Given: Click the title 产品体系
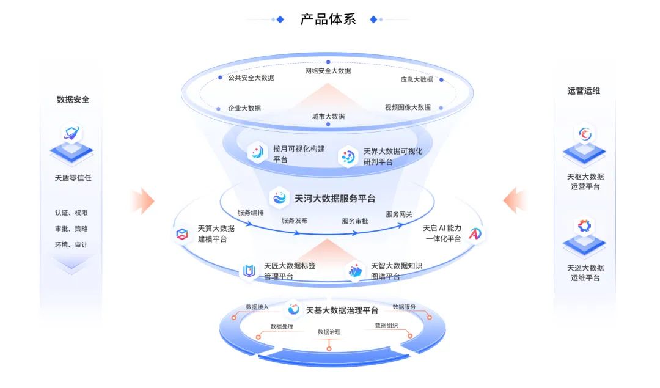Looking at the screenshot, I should [328, 19].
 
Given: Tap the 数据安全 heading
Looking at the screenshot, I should [73, 99].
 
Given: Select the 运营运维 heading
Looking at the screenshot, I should [584, 90].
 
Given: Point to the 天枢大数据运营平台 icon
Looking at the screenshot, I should [585, 133].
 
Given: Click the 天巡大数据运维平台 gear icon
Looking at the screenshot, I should [585, 226].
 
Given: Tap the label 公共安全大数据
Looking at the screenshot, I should [251, 78].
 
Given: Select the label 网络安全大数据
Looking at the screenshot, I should [328, 71].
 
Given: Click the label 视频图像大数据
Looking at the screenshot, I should [408, 108].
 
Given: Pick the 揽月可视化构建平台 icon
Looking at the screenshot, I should [257, 152].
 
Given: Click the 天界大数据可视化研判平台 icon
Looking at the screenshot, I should [348, 157].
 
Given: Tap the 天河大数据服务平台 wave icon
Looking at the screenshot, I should [279, 198].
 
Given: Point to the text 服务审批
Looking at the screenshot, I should [355, 221].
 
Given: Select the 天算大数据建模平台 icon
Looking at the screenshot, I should [182, 234].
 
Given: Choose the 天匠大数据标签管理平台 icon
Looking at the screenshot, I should [249, 271].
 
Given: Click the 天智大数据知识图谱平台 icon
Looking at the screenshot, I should [356, 271].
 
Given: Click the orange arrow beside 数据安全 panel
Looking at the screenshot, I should [142, 200].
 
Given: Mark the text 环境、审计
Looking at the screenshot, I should [71, 244].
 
